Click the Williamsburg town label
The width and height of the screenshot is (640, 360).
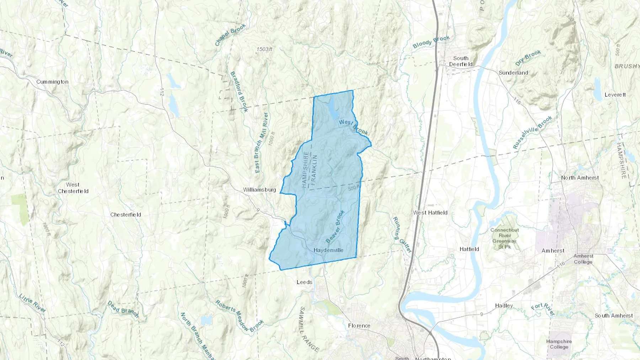tap(260, 190)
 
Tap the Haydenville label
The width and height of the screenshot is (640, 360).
tap(328, 250)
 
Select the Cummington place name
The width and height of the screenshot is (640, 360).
tap(52, 82)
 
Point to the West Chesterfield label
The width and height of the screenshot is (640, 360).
tap(73, 188)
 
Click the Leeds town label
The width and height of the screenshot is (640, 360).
tap(304, 282)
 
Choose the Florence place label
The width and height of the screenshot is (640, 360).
tap(359, 326)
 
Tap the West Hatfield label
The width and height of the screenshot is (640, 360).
tap(430, 213)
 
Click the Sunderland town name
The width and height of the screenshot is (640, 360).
tap(513, 73)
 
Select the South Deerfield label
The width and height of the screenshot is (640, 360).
tap(461, 61)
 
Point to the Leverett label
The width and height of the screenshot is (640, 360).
tap(615, 95)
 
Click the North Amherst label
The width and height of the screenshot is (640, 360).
tap(580, 178)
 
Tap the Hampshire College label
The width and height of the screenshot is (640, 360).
tap(559, 344)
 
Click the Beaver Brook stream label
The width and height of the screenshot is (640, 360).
tap(335, 227)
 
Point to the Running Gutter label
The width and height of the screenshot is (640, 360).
tap(402, 235)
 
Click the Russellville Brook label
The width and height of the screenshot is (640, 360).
tap(532, 133)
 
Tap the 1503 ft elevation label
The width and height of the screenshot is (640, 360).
tap(265, 49)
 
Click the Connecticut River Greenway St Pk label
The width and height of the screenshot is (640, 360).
tap(505, 238)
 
